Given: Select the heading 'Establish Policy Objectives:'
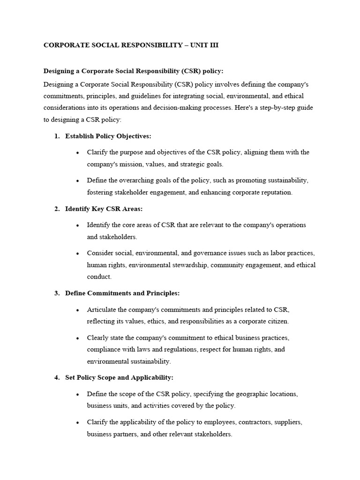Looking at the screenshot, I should (x=108, y=136).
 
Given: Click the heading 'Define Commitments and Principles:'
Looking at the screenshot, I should (x=122, y=293).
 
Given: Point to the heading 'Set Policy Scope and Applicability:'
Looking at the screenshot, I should (x=119, y=377).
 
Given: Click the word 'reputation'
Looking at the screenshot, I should (x=277, y=192).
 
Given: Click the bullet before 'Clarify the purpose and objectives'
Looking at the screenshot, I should (x=77, y=153).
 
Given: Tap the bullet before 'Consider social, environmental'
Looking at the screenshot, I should (x=77, y=254).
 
